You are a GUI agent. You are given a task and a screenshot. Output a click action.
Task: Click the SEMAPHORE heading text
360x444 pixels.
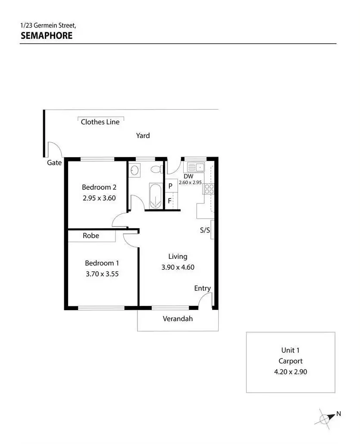pyautogui.click(x=47, y=35)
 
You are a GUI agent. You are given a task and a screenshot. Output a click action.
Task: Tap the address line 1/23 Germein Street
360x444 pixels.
pyautogui.click(x=48, y=26)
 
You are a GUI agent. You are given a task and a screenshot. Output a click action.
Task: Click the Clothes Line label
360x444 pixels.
pyautogui.click(x=100, y=122)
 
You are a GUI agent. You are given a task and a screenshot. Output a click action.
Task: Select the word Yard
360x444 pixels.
pyautogui.click(x=143, y=135)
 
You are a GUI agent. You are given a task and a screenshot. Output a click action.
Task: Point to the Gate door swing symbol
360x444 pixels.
pyautogui.click(x=55, y=150)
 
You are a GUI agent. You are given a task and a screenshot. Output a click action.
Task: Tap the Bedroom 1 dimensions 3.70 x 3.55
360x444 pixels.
pyautogui.click(x=102, y=273)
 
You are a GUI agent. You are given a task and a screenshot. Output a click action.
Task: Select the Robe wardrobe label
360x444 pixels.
pyautogui.click(x=91, y=236)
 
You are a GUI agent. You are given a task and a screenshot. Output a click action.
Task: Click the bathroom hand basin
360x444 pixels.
pyautogui.click(x=134, y=170)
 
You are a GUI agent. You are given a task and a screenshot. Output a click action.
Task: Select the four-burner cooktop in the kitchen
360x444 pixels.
pyautogui.click(x=209, y=189)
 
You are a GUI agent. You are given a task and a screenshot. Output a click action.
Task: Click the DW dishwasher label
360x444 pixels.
pyautogui.click(x=188, y=176)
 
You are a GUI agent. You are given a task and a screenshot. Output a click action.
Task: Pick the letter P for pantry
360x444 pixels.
pyautogui.click(x=170, y=186)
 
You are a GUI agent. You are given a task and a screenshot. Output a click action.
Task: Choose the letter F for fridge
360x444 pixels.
pyautogui.click(x=170, y=201)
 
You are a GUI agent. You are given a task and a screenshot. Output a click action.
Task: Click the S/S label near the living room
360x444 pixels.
pyautogui.click(x=205, y=230)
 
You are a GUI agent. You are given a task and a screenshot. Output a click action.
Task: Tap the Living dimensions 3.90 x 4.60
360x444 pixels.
pyautogui.click(x=178, y=267)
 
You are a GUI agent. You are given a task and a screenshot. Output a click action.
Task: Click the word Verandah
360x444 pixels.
pyautogui.click(x=178, y=319)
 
